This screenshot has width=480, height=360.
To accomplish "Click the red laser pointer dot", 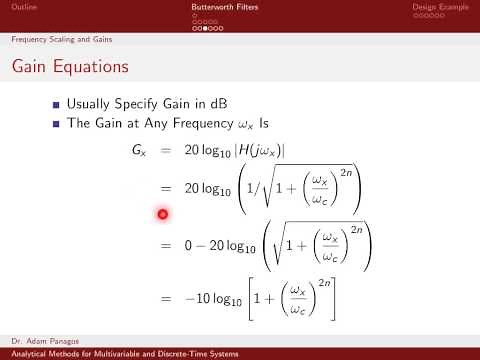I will pyautogui.click(x=162, y=213).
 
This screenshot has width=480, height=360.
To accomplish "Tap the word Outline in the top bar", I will pyautogui.click(x=23, y=8).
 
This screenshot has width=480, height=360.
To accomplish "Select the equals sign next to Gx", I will pyautogui.click(x=167, y=150).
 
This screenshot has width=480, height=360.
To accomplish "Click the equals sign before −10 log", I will pyautogui.click(x=167, y=296).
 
